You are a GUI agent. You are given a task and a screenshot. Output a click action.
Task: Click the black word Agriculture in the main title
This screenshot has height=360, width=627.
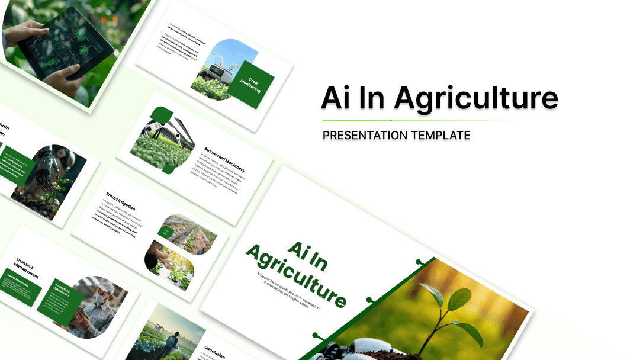(476, 98)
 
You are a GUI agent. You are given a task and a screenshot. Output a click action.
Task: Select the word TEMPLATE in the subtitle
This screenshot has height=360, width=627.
(440, 136)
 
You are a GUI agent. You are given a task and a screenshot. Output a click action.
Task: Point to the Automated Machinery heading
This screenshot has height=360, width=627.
(224, 159)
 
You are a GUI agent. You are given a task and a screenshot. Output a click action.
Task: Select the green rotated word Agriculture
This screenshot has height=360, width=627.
(295, 278)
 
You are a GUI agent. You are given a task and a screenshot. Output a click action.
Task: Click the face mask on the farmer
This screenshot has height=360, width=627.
(100, 301)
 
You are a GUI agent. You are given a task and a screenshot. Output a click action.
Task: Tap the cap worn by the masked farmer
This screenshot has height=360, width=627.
(106, 288)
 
